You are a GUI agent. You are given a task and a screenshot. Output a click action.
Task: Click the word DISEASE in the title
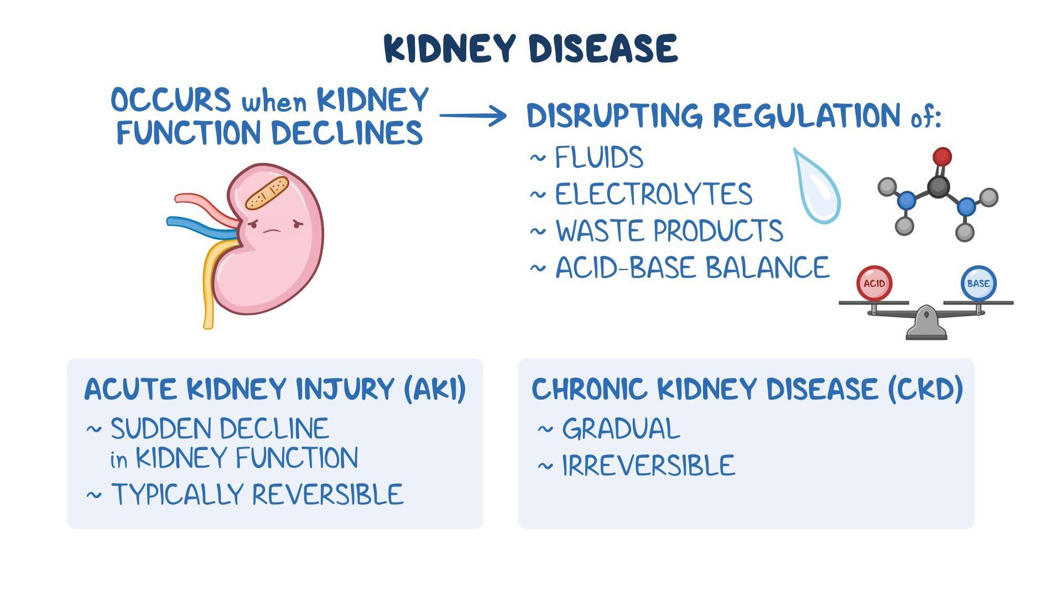603,49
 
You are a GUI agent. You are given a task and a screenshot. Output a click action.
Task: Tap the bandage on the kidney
267,193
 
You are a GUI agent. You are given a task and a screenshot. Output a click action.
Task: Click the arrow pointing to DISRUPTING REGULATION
473,116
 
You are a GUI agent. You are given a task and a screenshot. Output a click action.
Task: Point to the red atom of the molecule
941,157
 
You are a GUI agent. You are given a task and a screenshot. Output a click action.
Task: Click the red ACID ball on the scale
874,284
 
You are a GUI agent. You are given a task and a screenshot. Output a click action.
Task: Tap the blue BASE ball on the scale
978,284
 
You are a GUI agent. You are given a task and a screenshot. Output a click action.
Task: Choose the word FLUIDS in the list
599,158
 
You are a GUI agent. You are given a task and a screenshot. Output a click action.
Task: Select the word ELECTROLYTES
653,195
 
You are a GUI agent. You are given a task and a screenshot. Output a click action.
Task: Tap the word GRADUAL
621,429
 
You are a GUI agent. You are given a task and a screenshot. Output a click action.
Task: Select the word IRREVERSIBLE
648,465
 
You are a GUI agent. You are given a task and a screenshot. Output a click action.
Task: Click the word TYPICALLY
178,494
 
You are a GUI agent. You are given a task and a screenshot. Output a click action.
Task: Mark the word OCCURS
170,101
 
